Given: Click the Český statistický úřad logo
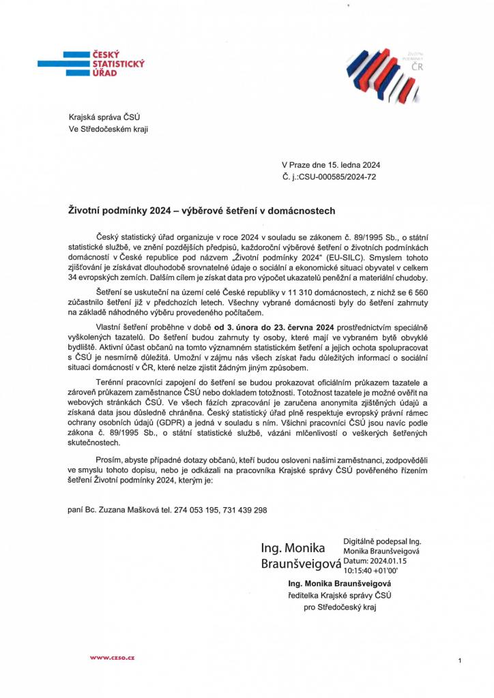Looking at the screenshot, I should click(x=102, y=63).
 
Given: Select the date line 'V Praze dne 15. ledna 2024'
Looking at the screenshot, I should click(x=331, y=164).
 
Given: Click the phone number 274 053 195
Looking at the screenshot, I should click(x=197, y=510).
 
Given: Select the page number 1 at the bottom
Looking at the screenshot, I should click(x=461, y=661).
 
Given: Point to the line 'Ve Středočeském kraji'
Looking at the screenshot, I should click(x=108, y=129).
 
